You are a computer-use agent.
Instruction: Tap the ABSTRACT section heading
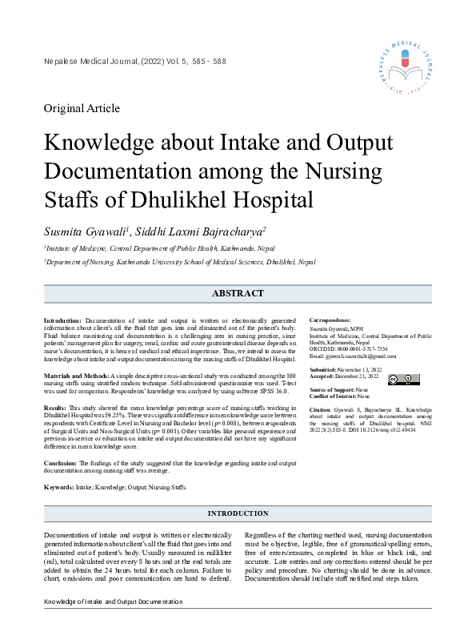(x=238, y=294)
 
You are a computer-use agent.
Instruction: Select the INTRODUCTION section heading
(x=238, y=513)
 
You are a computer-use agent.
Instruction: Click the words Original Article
(x=82, y=108)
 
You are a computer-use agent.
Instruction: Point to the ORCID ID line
(x=349, y=348)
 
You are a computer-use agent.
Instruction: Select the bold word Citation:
(x=320, y=410)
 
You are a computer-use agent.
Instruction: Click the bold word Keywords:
(x=58, y=487)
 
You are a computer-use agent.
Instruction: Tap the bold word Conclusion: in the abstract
(x=60, y=463)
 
